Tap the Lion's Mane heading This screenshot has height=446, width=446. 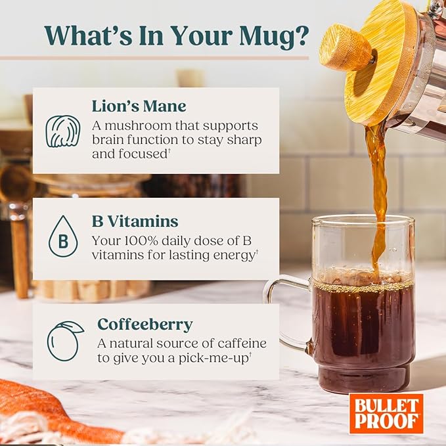click(x=139, y=106)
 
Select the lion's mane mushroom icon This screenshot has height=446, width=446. click(x=63, y=131)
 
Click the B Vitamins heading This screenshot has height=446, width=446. click(x=135, y=221)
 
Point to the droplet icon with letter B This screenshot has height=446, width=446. click(x=63, y=236)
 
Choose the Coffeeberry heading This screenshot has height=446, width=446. click(x=145, y=324)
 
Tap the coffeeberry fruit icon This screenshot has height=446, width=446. click(x=64, y=342)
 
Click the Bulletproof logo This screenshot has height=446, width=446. click(x=386, y=414)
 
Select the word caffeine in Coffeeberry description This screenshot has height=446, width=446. click(x=242, y=344)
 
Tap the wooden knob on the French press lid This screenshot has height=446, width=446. click(x=346, y=49)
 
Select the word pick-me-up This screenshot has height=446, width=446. click(x=213, y=358)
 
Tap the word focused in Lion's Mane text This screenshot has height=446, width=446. click(x=143, y=154)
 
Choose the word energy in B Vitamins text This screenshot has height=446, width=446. click(x=234, y=256)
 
